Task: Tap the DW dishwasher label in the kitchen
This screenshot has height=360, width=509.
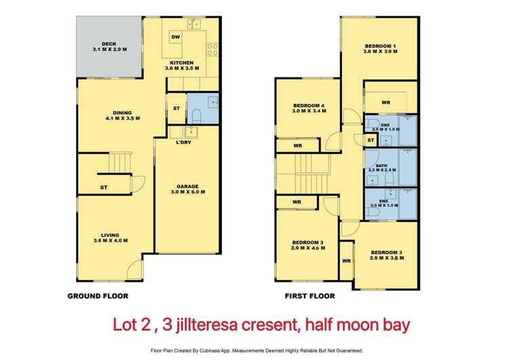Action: (x=175, y=37)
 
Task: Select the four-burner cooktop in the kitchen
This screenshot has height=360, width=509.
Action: (x=212, y=49)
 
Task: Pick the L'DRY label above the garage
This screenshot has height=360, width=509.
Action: (x=183, y=143)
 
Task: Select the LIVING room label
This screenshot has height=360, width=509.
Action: (x=109, y=236)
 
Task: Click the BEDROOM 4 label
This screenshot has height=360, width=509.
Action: (x=309, y=106)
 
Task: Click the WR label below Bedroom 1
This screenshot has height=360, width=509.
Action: (x=385, y=103)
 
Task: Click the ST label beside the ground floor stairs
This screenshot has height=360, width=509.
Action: (x=104, y=187)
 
